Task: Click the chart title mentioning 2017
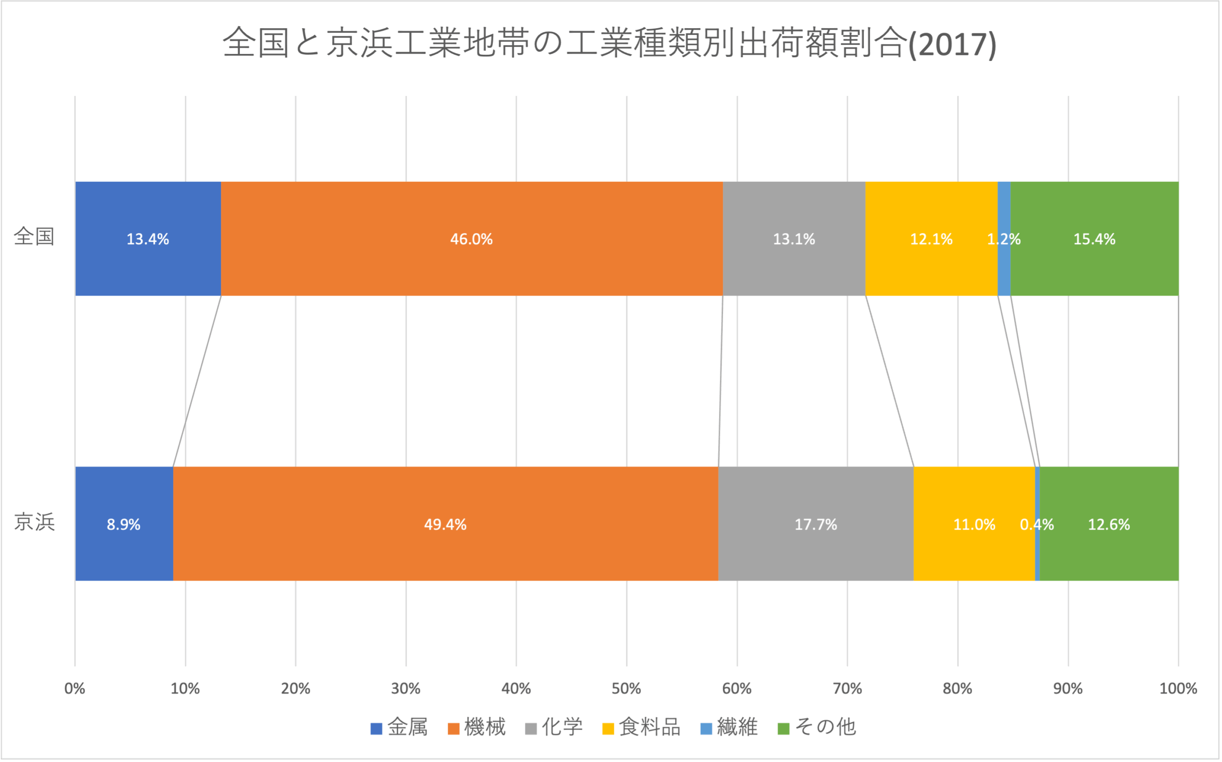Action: [x=609, y=43]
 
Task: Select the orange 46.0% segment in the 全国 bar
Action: [x=472, y=238]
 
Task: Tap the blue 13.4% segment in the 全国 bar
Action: [x=148, y=238]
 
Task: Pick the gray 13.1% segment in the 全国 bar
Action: [x=794, y=238]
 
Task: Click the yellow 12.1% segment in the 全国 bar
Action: [x=931, y=238]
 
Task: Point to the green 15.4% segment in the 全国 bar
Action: [x=1095, y=238]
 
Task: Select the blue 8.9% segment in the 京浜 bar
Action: [x=124, y=524]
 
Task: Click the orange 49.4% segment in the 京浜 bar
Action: [x=445, y=524]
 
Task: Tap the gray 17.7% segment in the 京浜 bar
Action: [x=815, y=524]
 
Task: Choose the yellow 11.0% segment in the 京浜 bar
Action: [x=974, y=524]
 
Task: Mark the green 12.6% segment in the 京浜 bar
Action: [x=1109, y=524]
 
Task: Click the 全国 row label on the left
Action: [x=34, y=237]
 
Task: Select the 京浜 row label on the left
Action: [x=34, y=522]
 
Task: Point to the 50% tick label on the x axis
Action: [x=626, y=689]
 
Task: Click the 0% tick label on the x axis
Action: [x=74, y=689]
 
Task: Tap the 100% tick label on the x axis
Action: [x=1178, y=689]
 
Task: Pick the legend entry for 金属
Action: [x=399, y=727]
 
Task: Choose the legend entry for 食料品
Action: [x=642, y=727]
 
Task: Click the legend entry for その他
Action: [x=817, y=727]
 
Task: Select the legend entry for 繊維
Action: [x=729, y=727]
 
